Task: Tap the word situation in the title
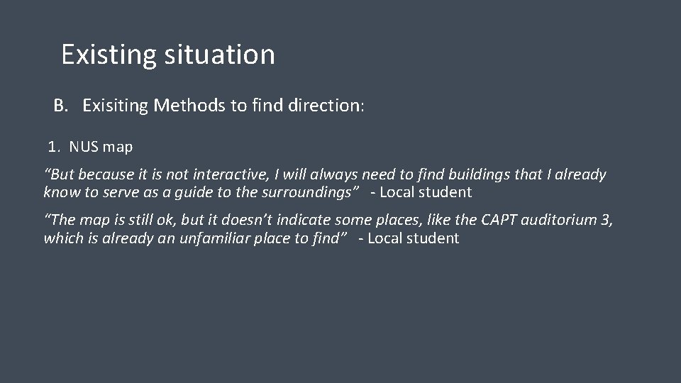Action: (219, 55)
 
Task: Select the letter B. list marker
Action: (61, 106)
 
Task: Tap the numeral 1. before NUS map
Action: (55, 148)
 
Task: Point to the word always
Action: (333, 174)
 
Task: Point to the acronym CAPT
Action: (500, 221)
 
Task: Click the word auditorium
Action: (560, 221)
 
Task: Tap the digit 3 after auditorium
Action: (604, 221)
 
